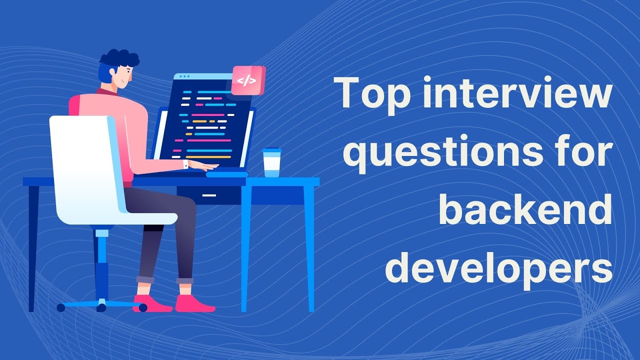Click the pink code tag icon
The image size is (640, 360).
[247, 80]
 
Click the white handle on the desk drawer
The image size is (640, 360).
[209, 195]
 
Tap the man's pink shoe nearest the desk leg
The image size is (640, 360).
[195, 303]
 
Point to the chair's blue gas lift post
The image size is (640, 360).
[101, 265]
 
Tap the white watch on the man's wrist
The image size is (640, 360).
[186, 164]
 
